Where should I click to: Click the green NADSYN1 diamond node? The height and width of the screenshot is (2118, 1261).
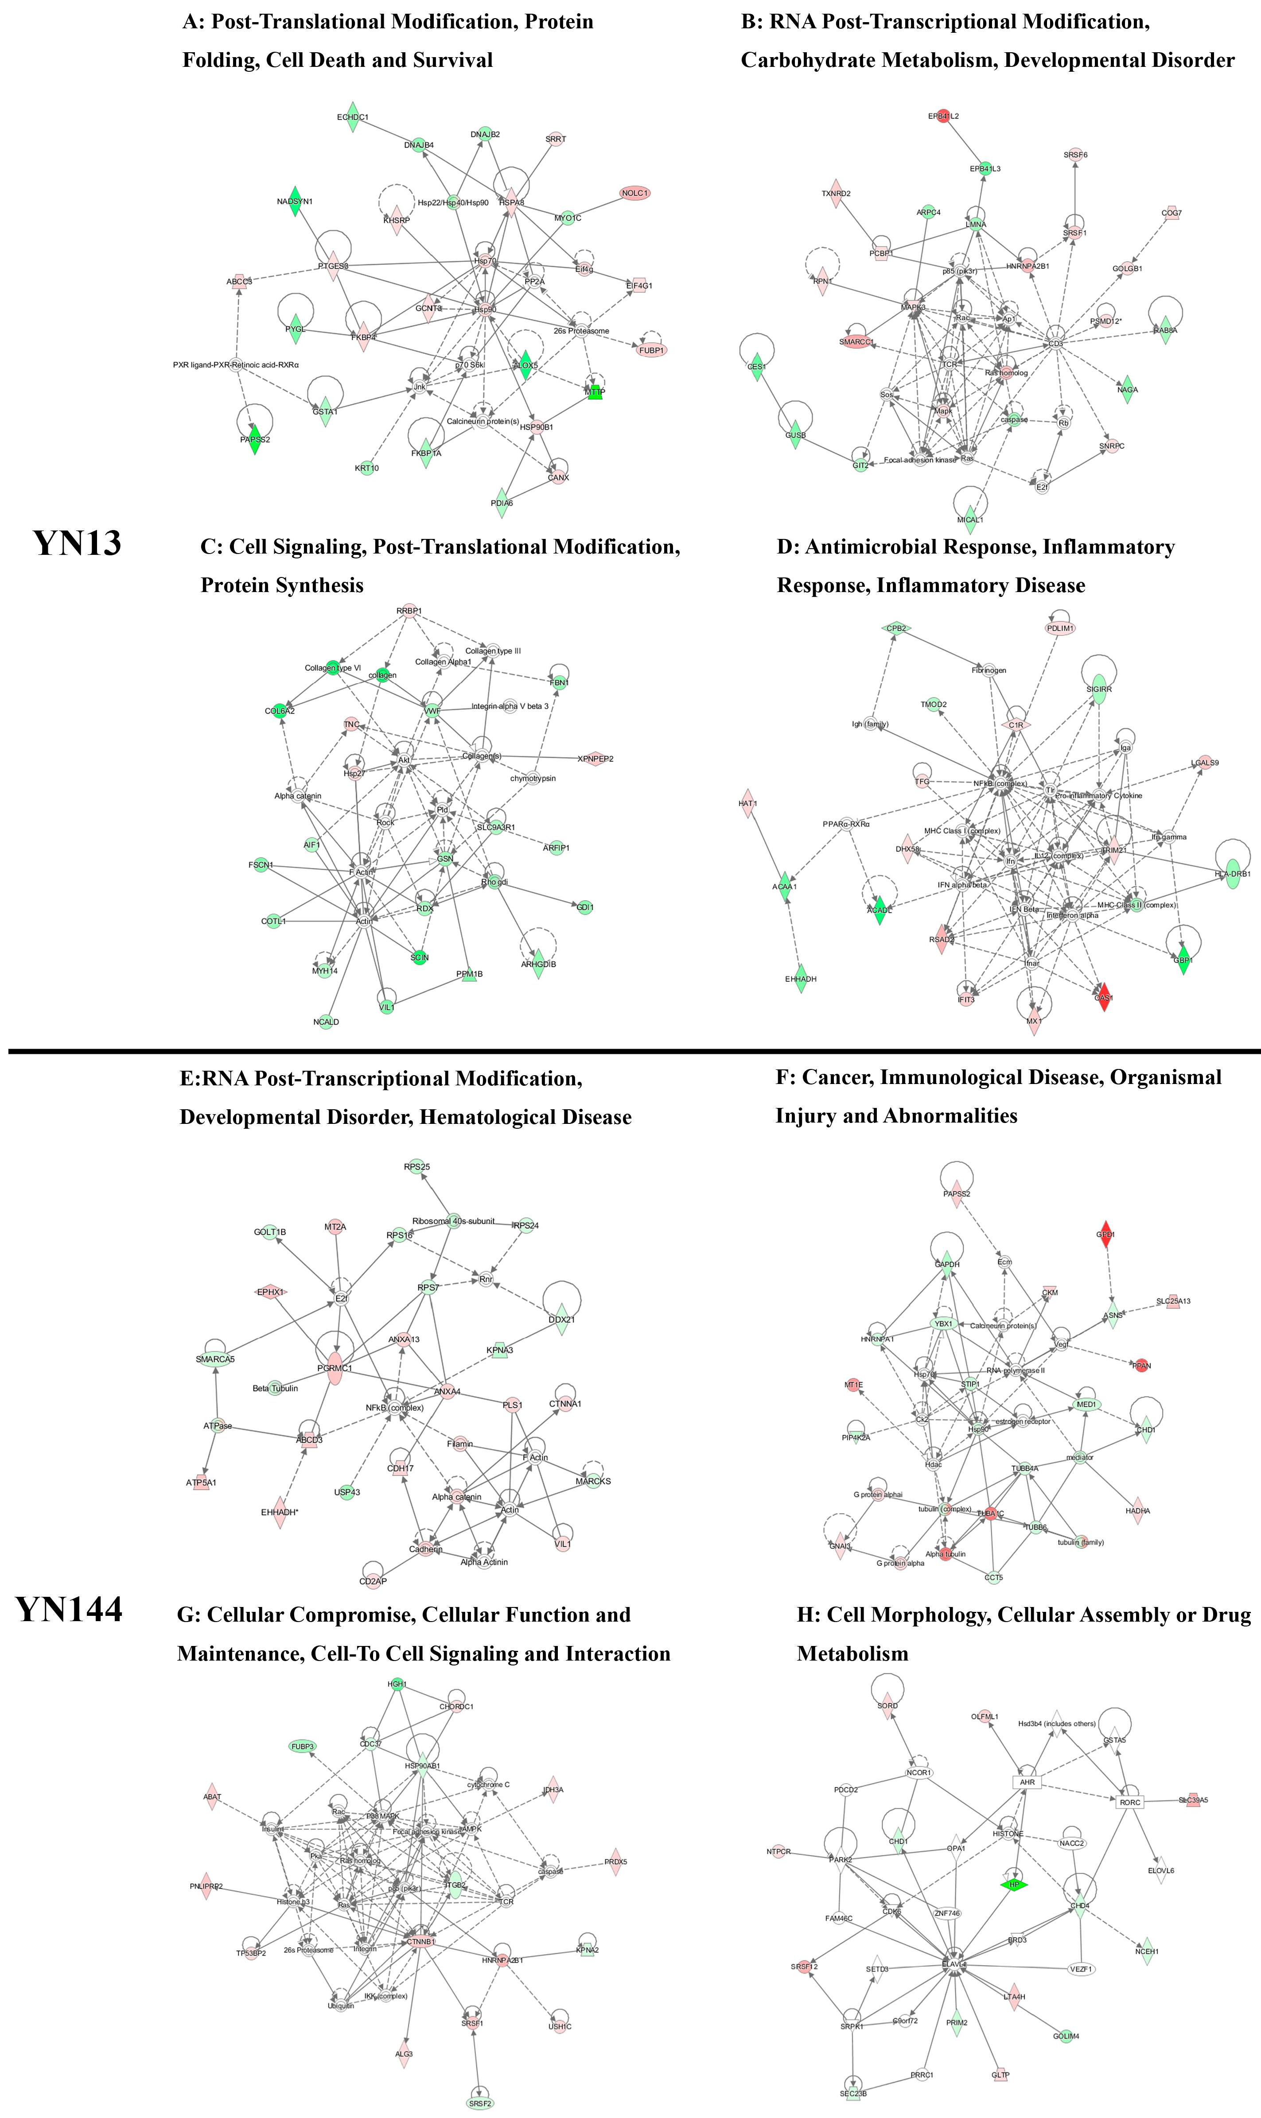point(294,201)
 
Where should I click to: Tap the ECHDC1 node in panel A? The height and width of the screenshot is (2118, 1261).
point(353,117)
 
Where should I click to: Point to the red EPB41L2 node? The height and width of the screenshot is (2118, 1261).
point(942,116)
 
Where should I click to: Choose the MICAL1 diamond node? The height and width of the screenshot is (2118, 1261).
point(970,519)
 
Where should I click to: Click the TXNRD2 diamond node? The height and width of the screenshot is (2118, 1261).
point(836,194)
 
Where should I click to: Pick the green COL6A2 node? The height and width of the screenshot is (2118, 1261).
point(280,711)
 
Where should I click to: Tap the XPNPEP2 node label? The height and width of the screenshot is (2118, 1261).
point(595,759)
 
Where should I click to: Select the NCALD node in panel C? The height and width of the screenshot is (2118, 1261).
point(326,1022)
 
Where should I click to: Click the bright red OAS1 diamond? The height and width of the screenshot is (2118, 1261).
point(1104,998)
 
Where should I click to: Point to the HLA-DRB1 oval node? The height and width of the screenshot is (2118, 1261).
point(1232,874)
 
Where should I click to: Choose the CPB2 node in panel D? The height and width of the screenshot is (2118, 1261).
point(896,628)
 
